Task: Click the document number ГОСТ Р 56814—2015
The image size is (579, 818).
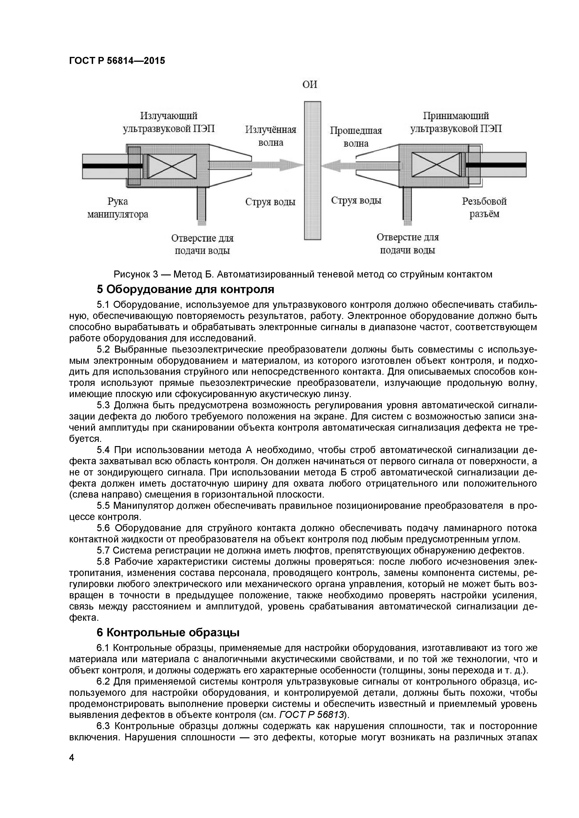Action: (117, 61)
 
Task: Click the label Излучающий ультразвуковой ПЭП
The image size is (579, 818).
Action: (169, 122)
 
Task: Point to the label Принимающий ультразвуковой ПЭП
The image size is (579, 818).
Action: (456, 122)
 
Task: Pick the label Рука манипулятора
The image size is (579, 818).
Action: (118, 208)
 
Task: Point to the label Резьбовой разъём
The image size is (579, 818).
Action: (484, 208)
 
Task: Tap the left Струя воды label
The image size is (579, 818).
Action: (270, 202)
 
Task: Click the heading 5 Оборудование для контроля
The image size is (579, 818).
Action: (185, 289)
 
